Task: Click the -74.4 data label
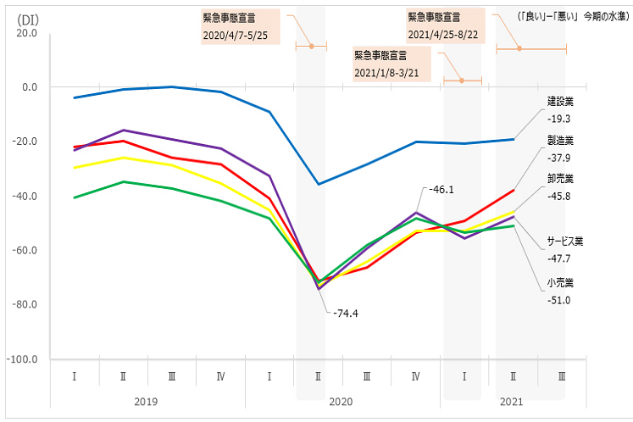(346, 313)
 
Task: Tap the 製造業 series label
(561, 141)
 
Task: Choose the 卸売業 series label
(561, 180)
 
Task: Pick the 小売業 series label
(561, 282)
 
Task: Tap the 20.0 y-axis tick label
(25, 33)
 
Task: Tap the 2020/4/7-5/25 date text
(236, 36)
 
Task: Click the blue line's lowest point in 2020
(319, 184)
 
